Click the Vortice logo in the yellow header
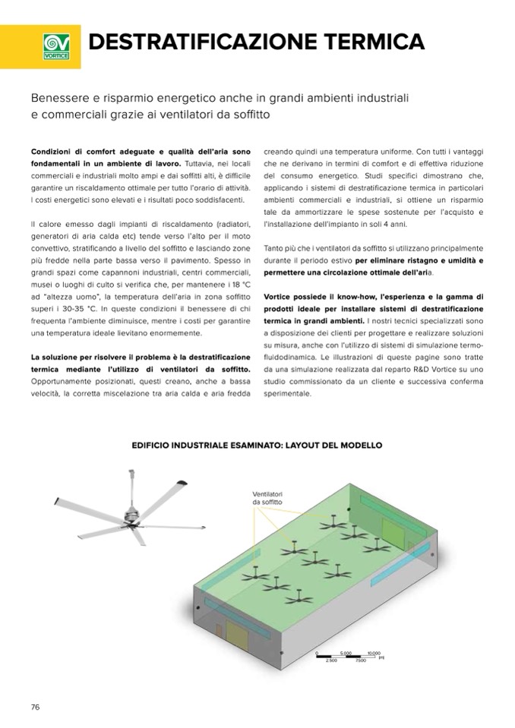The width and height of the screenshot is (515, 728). pyautogui.click(x=55, y=46)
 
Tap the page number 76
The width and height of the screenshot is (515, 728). pyautogui.click(x=35, y=707)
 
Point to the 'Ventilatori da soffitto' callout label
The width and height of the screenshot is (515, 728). pyautogui.click(x=267, y=499)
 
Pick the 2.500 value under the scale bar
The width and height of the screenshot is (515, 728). pyautogui.click(x=331, y=661)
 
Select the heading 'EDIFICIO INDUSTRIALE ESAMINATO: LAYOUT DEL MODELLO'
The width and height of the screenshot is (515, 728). pyautogui.click(x=257, y=446)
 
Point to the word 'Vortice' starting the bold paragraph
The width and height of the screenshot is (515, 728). pyautogui.click(x=281, y=297)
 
